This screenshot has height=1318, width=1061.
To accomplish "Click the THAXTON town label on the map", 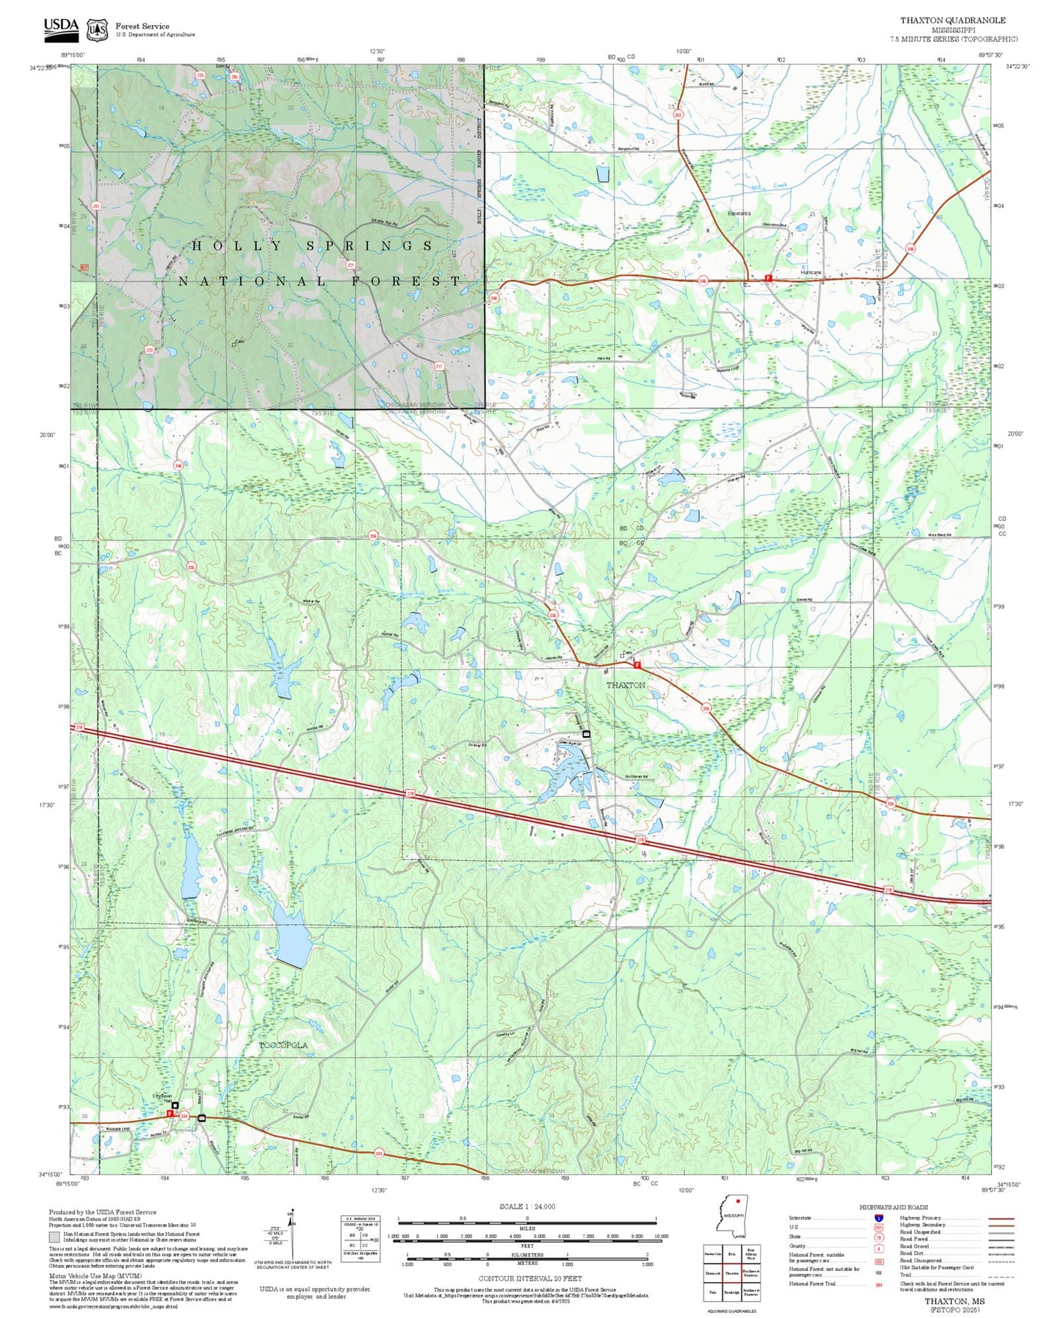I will point(626,685).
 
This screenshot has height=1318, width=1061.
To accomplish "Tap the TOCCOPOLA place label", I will point(283,1045).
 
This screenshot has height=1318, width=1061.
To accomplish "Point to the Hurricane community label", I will point(811,273).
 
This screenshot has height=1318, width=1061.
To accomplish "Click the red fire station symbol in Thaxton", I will point(637,665).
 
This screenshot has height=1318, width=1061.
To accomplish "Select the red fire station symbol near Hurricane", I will point(768,278).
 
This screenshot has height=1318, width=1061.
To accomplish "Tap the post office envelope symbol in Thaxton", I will point(586,734).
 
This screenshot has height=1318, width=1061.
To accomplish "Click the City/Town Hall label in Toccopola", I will point(162,1098).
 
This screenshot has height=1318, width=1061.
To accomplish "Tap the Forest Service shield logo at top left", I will point(97,29).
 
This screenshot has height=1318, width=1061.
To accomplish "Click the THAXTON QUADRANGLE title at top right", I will point(953,21).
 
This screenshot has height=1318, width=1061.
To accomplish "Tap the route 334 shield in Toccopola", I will point(184,1116).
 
